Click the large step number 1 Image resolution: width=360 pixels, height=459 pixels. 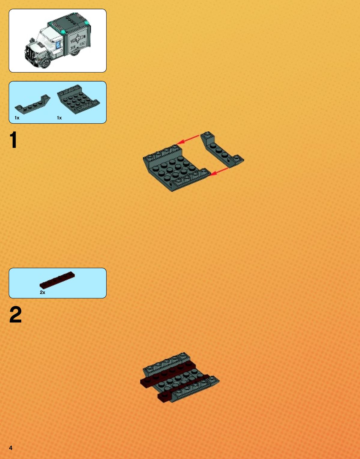click(14, 139)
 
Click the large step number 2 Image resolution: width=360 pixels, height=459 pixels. click(15, 314)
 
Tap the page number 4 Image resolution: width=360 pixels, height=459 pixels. click(11, 448)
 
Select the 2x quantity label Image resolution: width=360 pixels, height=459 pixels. click(43, 292)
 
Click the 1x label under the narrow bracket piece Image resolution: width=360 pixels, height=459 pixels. click(17, 118)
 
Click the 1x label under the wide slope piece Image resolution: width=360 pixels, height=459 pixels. click(59, 118)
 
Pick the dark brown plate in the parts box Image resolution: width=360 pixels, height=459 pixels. click(57, 280)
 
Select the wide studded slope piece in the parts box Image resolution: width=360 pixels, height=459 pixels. click(78, 99)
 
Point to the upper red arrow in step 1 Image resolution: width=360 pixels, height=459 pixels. click(188, 140)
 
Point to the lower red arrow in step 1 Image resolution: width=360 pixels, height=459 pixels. click(220, 172)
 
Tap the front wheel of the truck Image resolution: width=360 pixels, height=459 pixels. click(45, 62)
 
